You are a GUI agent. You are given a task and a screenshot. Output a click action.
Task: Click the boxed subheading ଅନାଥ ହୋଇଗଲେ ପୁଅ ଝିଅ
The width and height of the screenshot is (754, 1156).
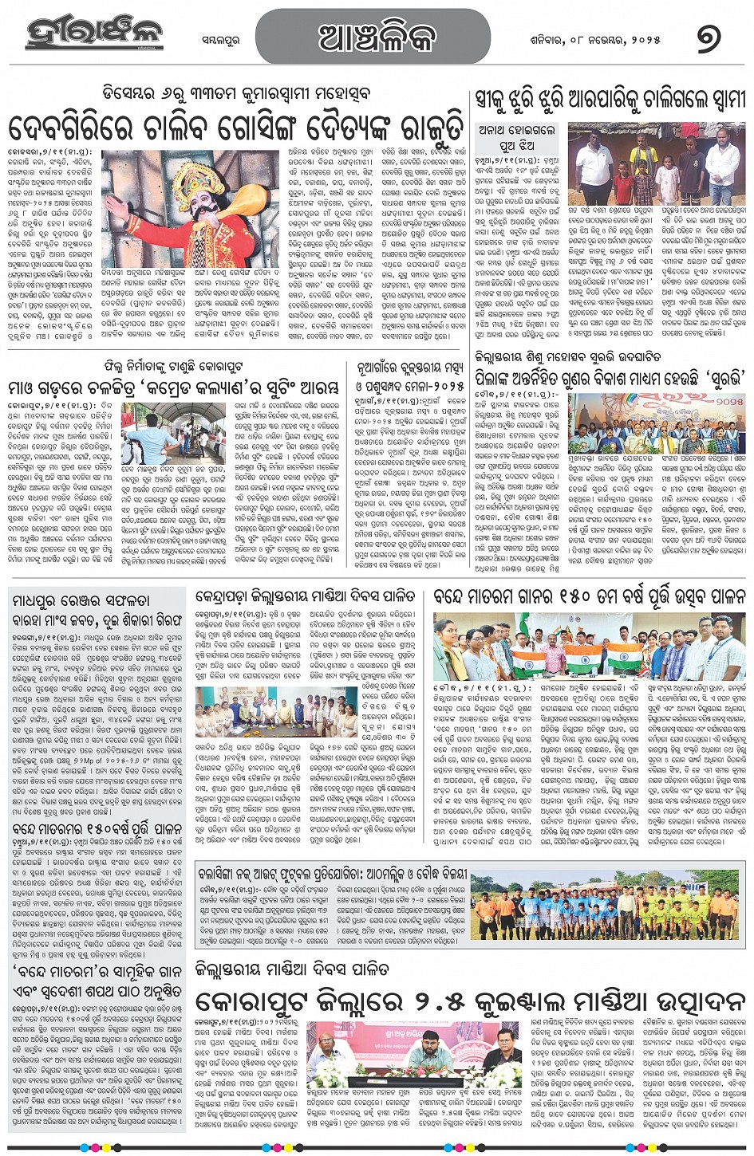coord(516,136)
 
